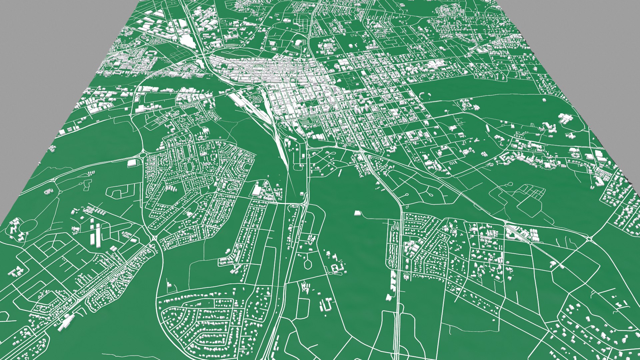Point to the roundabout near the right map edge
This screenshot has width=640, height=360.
589,238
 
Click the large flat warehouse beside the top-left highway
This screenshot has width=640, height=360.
188,40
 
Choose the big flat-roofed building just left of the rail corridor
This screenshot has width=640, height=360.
257,190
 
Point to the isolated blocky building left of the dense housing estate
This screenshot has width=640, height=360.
132,163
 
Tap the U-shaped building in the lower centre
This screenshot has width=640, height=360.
326,304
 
